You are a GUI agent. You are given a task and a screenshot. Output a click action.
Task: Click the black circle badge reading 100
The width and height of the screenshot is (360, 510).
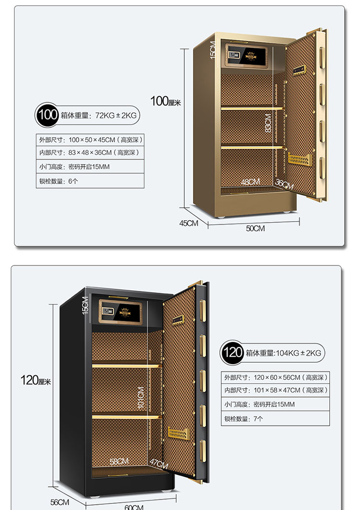point(48,115)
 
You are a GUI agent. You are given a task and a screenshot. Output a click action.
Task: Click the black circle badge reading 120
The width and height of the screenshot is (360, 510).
point(232,353)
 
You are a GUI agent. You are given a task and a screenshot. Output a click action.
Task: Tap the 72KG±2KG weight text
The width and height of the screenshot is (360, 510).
point(116,116)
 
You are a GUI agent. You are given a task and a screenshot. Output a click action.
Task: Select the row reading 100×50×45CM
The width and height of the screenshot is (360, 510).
point(91,140)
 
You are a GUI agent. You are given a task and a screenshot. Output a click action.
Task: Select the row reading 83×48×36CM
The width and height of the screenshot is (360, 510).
point(91,153)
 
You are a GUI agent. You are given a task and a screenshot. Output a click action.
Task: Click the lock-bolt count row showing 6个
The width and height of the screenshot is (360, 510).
point(91,181)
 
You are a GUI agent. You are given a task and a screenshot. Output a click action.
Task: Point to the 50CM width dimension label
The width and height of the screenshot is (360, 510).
point(255,229)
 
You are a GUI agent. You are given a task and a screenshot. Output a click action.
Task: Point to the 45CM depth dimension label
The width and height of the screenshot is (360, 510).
point(189,224)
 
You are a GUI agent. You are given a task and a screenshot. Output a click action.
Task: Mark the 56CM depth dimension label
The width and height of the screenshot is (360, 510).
point(60,502)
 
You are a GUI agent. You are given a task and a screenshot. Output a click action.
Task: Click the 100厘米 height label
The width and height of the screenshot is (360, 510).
point(166,101)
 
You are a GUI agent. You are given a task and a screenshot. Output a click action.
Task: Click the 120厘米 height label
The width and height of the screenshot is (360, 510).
point(36,381)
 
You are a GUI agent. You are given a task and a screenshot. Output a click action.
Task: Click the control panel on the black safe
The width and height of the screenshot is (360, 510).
point(122,314)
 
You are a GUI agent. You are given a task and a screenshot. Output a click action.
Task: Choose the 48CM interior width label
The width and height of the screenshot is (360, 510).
point(251,182)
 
